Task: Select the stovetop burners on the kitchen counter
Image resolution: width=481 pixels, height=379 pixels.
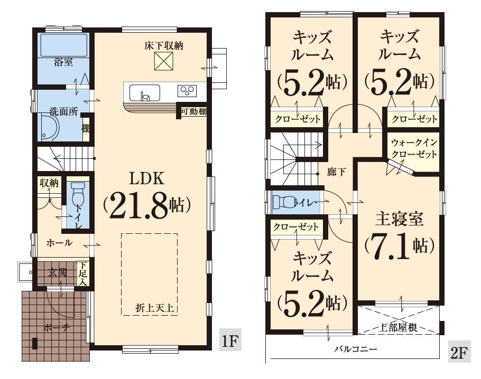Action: pyautogui.click(x=187, y=90)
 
